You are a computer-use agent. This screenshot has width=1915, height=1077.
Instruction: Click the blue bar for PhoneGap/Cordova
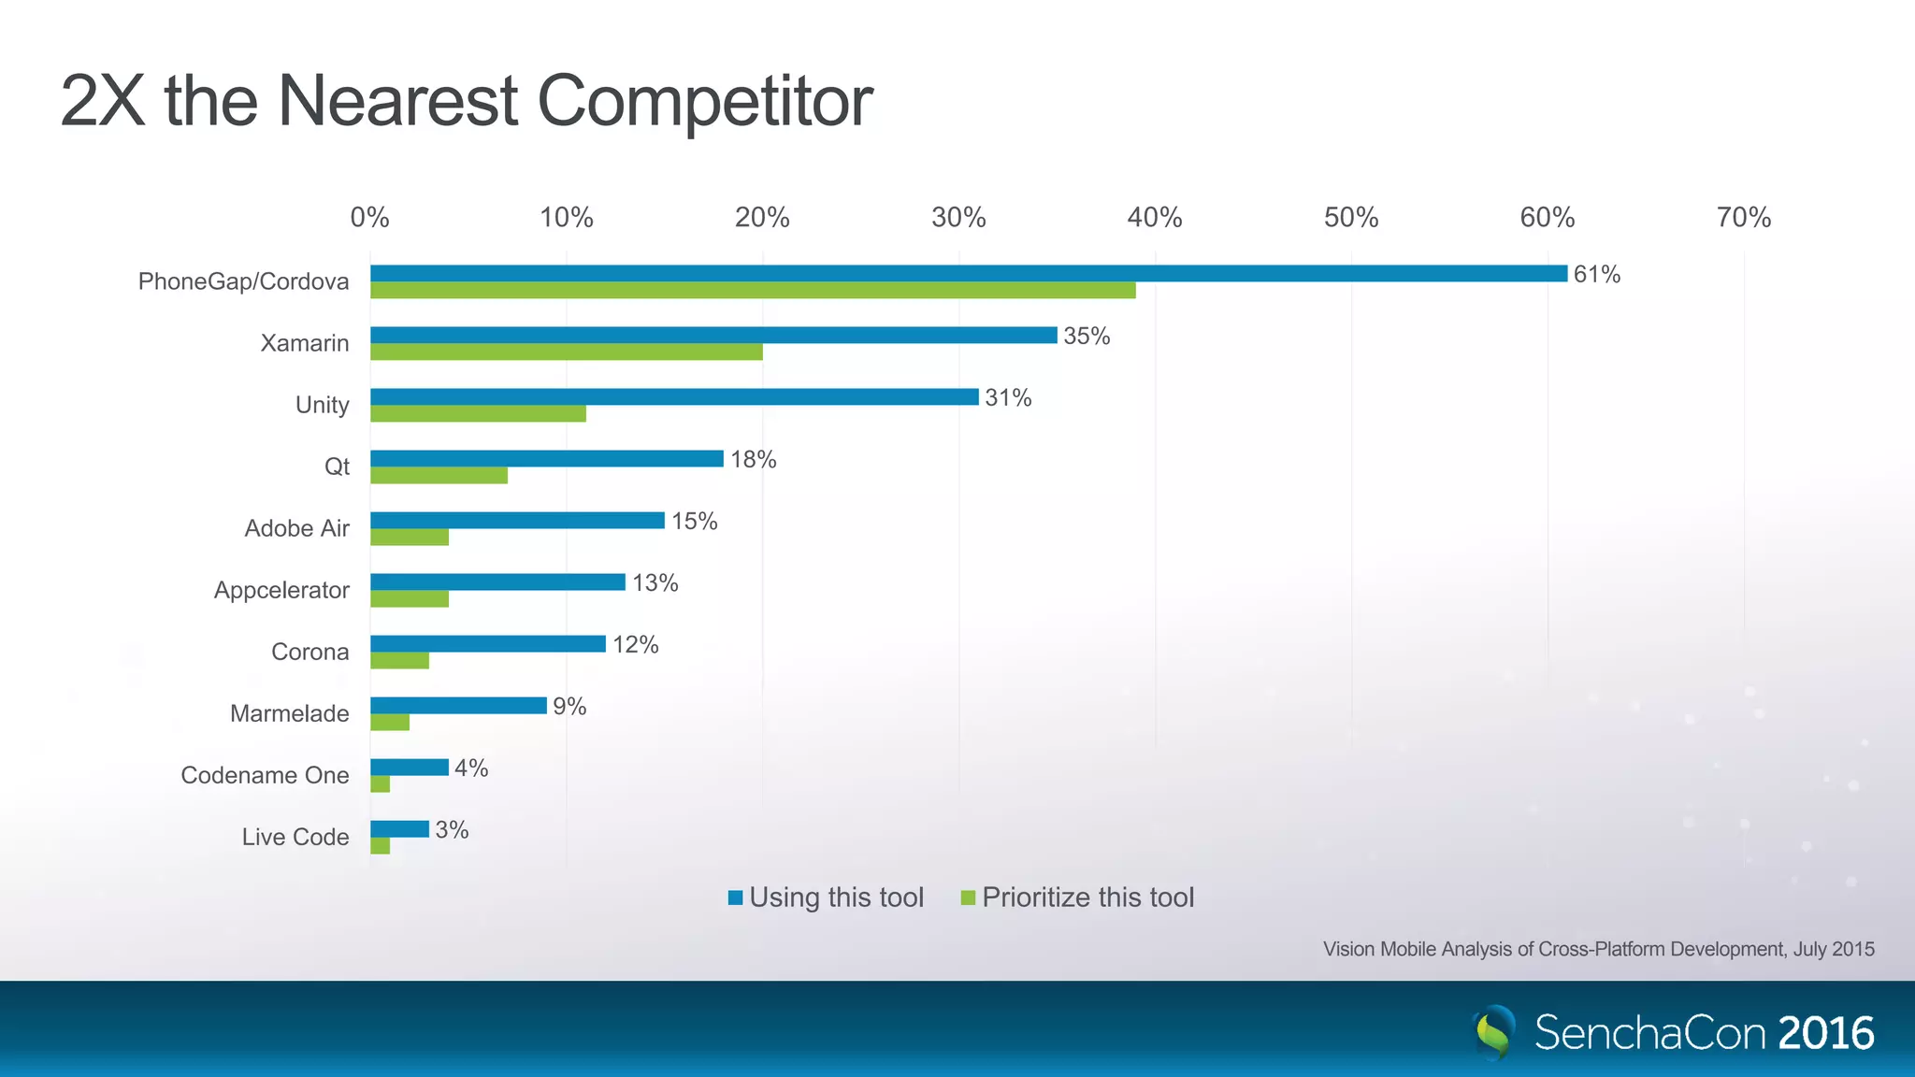[x=968, y=273]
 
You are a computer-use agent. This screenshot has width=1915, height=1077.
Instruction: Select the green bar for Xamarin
[x=566, y=352]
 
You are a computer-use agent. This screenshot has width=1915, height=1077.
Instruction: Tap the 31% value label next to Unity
[x=1008, y=397]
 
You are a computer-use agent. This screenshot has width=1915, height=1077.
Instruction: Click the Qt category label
[x=337, y=467]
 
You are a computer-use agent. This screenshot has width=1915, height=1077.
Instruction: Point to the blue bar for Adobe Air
[x=517, y=520]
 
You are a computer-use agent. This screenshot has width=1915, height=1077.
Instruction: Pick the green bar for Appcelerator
[x=410, y=599]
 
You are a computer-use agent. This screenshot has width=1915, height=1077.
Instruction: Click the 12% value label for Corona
[x=636, y=645]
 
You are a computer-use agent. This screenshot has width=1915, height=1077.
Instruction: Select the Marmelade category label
[x=289, y=713]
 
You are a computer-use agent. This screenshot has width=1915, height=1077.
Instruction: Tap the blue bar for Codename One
[x=410, y=768]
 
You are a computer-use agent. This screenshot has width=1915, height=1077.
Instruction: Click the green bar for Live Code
[x=380, y=846]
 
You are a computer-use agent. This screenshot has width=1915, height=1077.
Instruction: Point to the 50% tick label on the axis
[x=1351, y=218]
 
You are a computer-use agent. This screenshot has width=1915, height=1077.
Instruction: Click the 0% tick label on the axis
[x=369, y=218]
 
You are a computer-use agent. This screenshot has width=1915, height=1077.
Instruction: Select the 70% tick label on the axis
[x=1743, y=218]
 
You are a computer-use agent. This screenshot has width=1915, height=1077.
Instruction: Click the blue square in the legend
[x=736, y=897]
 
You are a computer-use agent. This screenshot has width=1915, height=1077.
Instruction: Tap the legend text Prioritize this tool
[x=1087, y=897]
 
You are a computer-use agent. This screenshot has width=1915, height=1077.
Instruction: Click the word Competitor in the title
[x=704, y=101]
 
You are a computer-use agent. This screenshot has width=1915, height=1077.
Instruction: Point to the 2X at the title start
[x=103, y=101]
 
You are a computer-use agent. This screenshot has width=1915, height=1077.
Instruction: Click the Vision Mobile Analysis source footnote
[x=1598, y=949]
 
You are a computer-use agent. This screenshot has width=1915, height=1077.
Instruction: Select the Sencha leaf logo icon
[x=1494, y=1032]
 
